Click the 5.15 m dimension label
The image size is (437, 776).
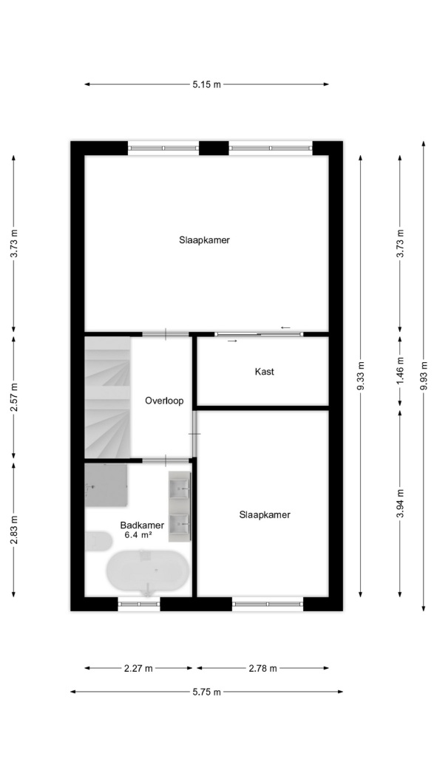(206, 84)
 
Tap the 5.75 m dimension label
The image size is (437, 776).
(206, 692)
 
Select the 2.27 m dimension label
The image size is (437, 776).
(138, 668)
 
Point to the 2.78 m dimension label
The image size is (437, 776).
(262, 668)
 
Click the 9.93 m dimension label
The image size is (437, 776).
(424, 376)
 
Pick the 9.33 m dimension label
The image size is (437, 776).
(360, 376)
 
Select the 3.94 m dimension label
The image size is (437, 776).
(400, 503)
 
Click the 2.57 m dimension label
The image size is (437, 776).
(14, 398)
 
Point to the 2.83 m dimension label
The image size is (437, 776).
(14, 530)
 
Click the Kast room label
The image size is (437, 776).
(264, 372)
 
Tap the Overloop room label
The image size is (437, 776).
(164, 401)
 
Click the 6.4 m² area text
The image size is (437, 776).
(138, 534)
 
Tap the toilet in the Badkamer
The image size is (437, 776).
(98, 541)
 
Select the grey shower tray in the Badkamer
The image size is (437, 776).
(106, 485)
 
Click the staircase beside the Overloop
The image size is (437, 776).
(107, 398)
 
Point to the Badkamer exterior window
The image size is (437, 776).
(139, 604)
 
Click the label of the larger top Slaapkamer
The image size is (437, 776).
(204, 240)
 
